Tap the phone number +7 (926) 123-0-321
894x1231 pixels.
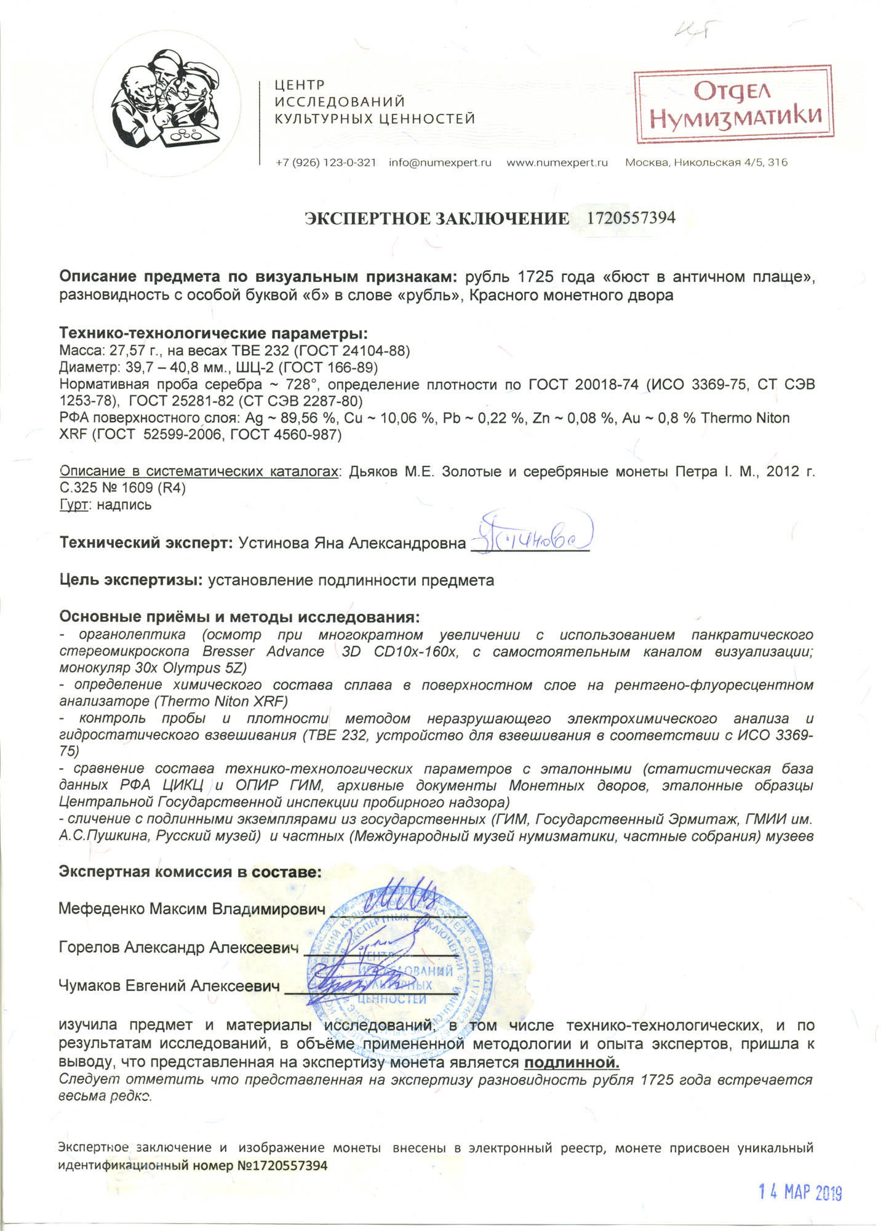click(325, 163)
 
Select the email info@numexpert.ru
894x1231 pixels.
click(440, 163)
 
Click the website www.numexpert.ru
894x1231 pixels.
click(557, 163)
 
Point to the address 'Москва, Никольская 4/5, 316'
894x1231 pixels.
click(706, 163)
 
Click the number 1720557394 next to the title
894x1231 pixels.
click(631, 218)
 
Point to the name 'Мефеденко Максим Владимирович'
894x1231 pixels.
click(191, 909)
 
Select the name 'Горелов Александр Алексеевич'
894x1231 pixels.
click(178, 947)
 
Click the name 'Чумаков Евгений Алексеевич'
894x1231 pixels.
click(169, 986)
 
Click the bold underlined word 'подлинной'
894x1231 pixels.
click(572, 1062)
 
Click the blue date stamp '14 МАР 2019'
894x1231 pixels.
click(800, 1192)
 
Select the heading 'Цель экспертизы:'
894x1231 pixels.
click(131, 580)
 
